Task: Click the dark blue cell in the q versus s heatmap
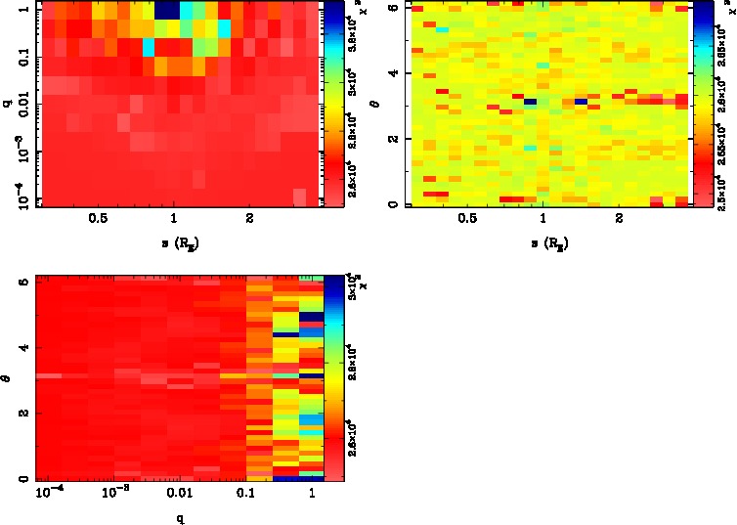[x=167, y=9]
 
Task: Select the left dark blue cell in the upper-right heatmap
[x=531, y=102]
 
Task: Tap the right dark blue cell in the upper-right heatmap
[x=581, y=101]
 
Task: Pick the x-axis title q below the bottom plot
[x=180, y=519]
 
